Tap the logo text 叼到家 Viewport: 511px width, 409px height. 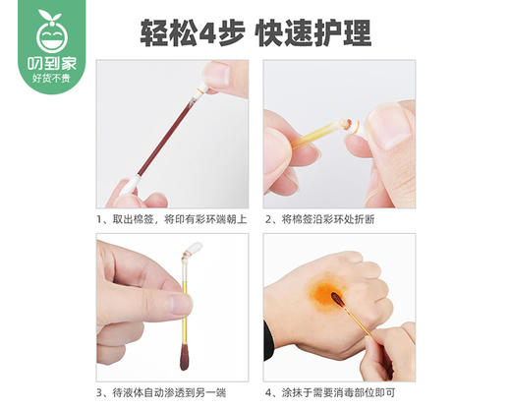click(x=46, y=65)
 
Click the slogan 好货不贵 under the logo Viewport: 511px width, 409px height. click(x=46, y=80)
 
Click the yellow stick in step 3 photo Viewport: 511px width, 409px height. click(x=184, y=315)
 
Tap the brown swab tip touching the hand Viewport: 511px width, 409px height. click(x=337, y=300)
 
